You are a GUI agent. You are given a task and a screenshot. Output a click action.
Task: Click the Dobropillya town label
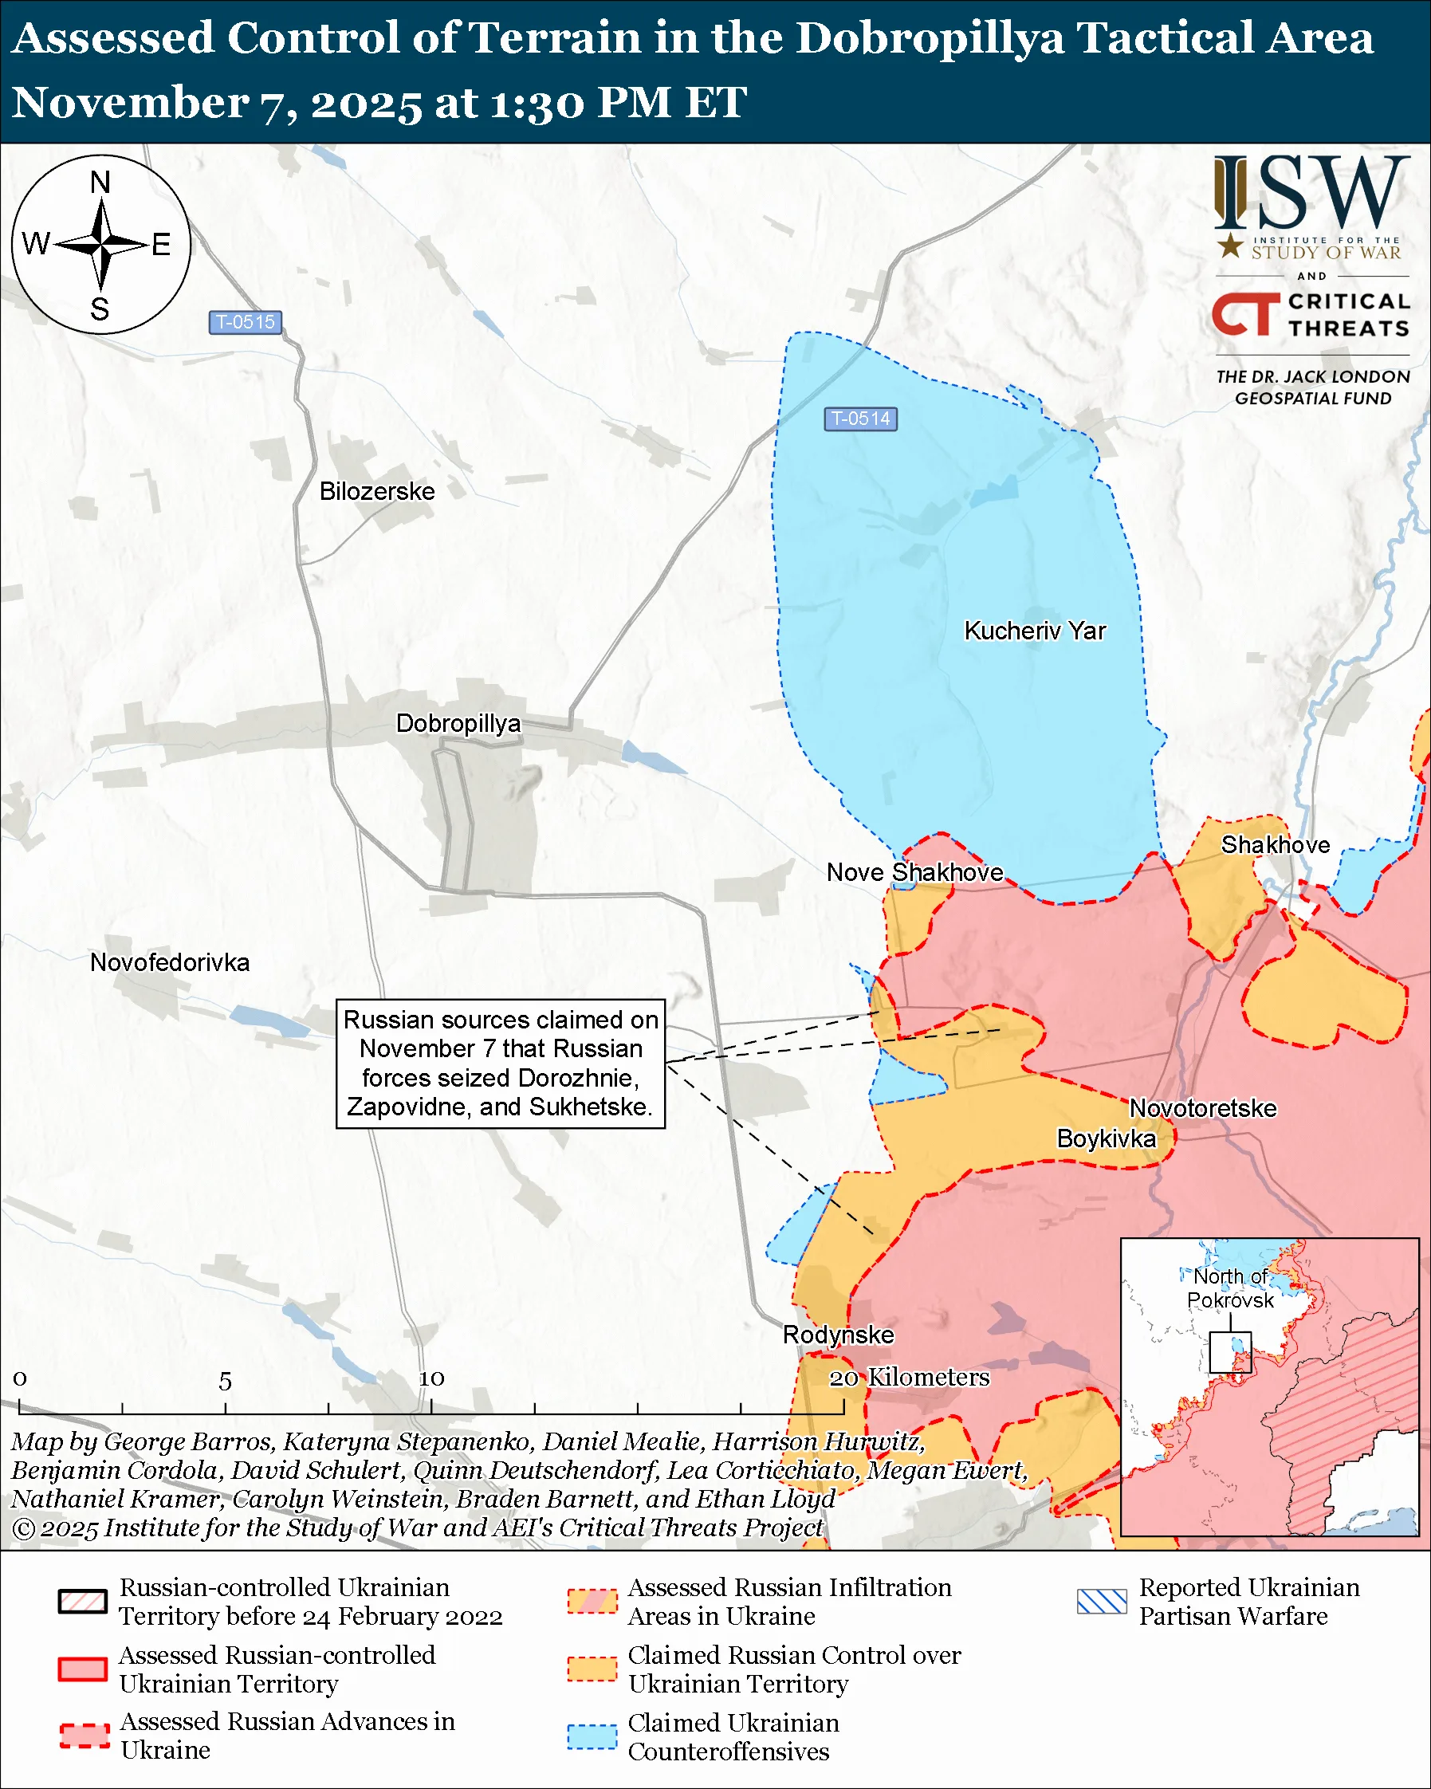458,724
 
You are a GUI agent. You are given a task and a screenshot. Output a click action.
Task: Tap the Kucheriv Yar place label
1034,631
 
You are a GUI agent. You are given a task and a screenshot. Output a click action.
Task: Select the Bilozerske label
376,491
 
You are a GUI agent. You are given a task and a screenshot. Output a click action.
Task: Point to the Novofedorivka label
169,962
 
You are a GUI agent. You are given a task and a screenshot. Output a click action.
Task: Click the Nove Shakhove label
914,872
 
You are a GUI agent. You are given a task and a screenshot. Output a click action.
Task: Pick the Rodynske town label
838,1335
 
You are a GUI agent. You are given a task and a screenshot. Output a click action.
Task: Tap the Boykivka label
1105,1138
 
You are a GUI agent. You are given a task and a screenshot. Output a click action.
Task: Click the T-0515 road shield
245,322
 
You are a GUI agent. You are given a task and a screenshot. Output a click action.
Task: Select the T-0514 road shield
860,419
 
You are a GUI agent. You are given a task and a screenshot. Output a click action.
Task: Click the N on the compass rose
100,182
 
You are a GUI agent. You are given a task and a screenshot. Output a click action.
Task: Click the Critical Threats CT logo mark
1244,313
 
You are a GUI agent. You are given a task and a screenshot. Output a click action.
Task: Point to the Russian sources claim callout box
500,1063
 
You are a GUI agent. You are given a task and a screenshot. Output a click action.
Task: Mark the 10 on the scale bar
431,1378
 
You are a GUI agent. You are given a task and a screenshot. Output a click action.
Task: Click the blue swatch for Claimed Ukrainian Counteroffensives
592,1736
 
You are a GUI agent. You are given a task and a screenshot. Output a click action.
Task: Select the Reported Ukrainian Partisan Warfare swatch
1102,1602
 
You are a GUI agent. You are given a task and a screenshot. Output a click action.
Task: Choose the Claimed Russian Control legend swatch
592,1669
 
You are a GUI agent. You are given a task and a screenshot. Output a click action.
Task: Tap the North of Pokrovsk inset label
1229,1288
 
